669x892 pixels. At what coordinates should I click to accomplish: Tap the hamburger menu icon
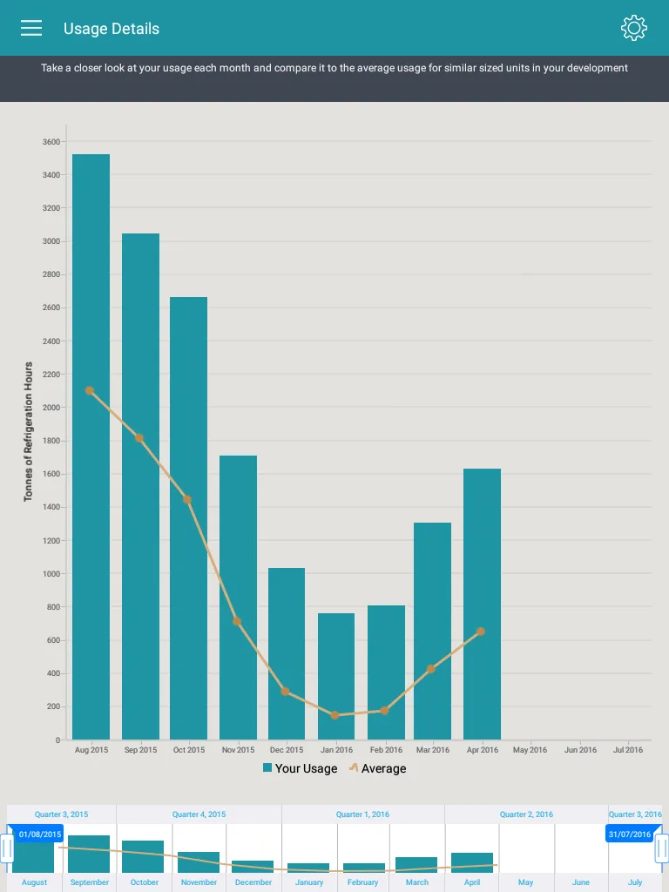click(31, 28)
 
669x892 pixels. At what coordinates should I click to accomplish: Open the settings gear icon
click(634, 28)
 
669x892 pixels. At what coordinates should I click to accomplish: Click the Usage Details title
click(111, 29)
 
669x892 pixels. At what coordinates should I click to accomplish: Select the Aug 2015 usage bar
click(91, 447)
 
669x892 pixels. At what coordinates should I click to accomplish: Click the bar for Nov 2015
click(239, 598)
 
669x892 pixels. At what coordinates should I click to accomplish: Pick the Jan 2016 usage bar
click(336, 676)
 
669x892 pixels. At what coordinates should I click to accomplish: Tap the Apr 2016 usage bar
click(482, 605)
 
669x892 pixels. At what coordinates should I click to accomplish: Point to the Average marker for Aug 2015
click(90, 391)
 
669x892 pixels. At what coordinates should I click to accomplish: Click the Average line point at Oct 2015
click(187, 500)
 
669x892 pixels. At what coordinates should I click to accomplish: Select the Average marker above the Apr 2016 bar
click(481, 632)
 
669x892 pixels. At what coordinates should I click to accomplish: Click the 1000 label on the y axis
click(51, 574)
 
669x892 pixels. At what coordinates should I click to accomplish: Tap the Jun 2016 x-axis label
click(580, 750)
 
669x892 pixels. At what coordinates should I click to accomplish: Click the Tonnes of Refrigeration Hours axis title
click(29, 432)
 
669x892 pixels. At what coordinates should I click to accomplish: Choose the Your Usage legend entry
click(301, 768)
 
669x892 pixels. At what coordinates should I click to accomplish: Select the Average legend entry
click(378, 768)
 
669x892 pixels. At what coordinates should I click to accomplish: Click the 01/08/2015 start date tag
click(39, 834)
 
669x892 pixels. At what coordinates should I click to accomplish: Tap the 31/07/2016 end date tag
click(630, 834)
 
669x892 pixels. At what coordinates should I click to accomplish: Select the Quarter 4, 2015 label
click(199, 814)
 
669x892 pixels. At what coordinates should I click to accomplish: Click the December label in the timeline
click(253, 882)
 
